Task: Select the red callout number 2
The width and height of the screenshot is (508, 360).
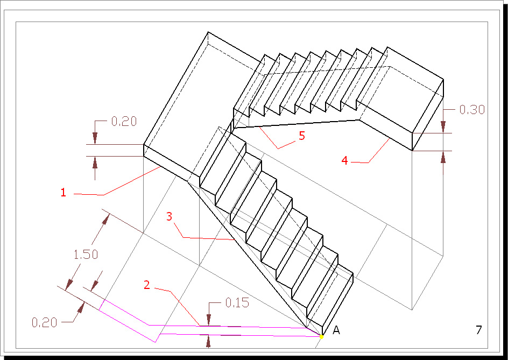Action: [146, 285]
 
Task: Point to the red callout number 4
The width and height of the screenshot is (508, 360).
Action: [345, 159]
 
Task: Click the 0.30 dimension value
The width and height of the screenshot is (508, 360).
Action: [472, 110]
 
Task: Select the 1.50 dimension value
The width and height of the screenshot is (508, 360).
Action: [86, 255]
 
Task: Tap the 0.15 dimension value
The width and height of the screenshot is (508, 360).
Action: [237, 303]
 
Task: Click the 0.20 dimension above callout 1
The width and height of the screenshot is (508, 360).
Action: [124, 122]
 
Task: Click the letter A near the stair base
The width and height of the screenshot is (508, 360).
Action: [336, 330]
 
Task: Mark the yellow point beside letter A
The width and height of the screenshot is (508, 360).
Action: [322, 336]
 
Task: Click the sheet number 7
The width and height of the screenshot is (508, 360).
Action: [478, 330]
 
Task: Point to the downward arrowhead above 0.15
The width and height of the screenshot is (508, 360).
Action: [209, 320]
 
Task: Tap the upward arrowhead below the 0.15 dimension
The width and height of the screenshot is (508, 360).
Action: [209, 341]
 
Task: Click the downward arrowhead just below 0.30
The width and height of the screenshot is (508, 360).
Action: [442, 126]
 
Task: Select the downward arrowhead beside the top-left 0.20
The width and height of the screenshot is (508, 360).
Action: [95, 138]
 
